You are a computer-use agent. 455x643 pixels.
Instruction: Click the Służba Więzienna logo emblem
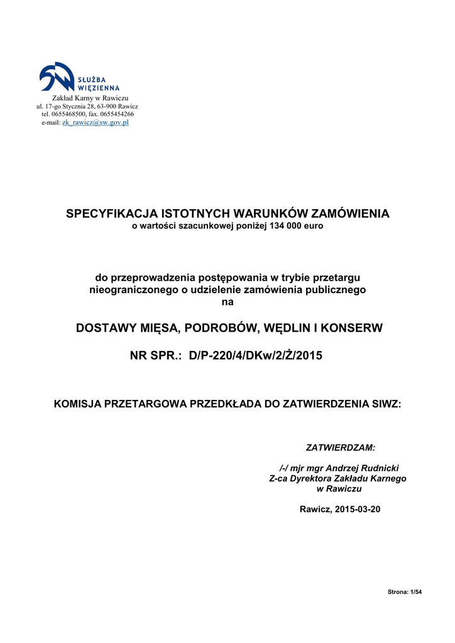point(57,77)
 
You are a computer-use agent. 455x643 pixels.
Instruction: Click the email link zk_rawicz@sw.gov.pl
point(95,122)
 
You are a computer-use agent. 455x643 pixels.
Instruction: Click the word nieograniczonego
point(128,290)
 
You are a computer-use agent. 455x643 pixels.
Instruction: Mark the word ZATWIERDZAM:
point(340,448)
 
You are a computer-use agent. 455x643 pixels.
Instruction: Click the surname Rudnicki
point(377,468)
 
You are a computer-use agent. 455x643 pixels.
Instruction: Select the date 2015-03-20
point(358,509)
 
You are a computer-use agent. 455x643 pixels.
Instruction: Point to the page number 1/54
point(415,592)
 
